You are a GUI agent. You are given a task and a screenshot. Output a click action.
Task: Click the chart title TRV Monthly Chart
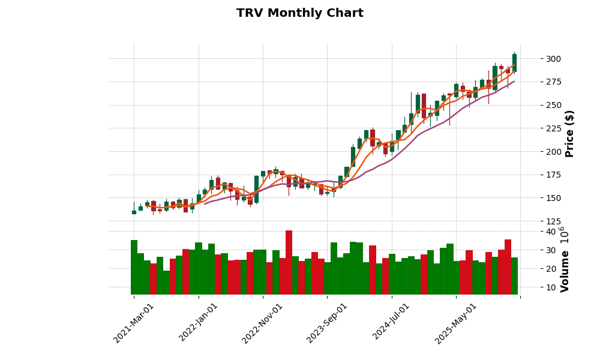pos(299,13)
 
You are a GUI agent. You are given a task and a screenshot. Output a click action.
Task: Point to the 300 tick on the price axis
pos(554,59)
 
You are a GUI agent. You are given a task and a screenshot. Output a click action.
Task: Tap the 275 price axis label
pos(554,82)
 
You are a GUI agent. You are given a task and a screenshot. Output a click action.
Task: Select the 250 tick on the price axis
pos(554,105)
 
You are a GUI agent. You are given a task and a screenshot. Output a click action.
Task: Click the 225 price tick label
pos(554,128)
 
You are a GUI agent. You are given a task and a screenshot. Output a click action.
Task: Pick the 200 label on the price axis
pos(554,152)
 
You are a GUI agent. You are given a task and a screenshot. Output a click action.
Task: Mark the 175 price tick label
pos(554,175)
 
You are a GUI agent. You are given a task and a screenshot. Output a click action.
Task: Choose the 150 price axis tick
pos(554,198)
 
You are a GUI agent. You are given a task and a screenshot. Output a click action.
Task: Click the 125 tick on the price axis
pos(554,221)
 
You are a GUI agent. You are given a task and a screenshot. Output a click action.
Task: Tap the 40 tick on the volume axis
pos(551,232)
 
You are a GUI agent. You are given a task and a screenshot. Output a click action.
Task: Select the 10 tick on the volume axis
pos(551,287)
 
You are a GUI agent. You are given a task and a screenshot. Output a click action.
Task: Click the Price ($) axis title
pos(570,133)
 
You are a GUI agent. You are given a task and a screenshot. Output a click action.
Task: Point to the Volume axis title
pos(565,259)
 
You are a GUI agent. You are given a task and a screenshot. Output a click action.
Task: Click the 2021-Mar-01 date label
pos(134,322)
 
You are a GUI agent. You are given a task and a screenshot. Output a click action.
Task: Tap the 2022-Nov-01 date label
pos(263,322)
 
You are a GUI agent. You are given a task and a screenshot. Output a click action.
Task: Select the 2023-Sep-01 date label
pos(327,322)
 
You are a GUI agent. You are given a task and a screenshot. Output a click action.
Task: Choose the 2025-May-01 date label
pos(456,322)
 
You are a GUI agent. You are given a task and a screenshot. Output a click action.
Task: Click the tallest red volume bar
pos(289,262)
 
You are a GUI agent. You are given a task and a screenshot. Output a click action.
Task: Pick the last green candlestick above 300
pos(514,62)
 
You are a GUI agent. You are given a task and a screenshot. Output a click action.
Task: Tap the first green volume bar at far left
pos(134,267)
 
